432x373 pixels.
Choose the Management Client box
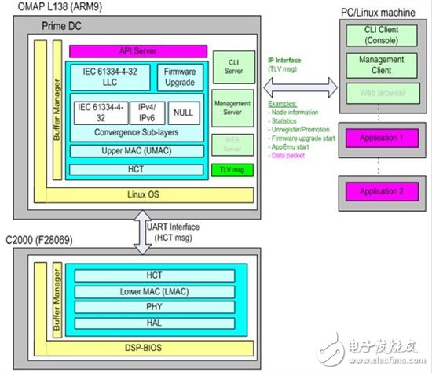[x=375, y=65]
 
